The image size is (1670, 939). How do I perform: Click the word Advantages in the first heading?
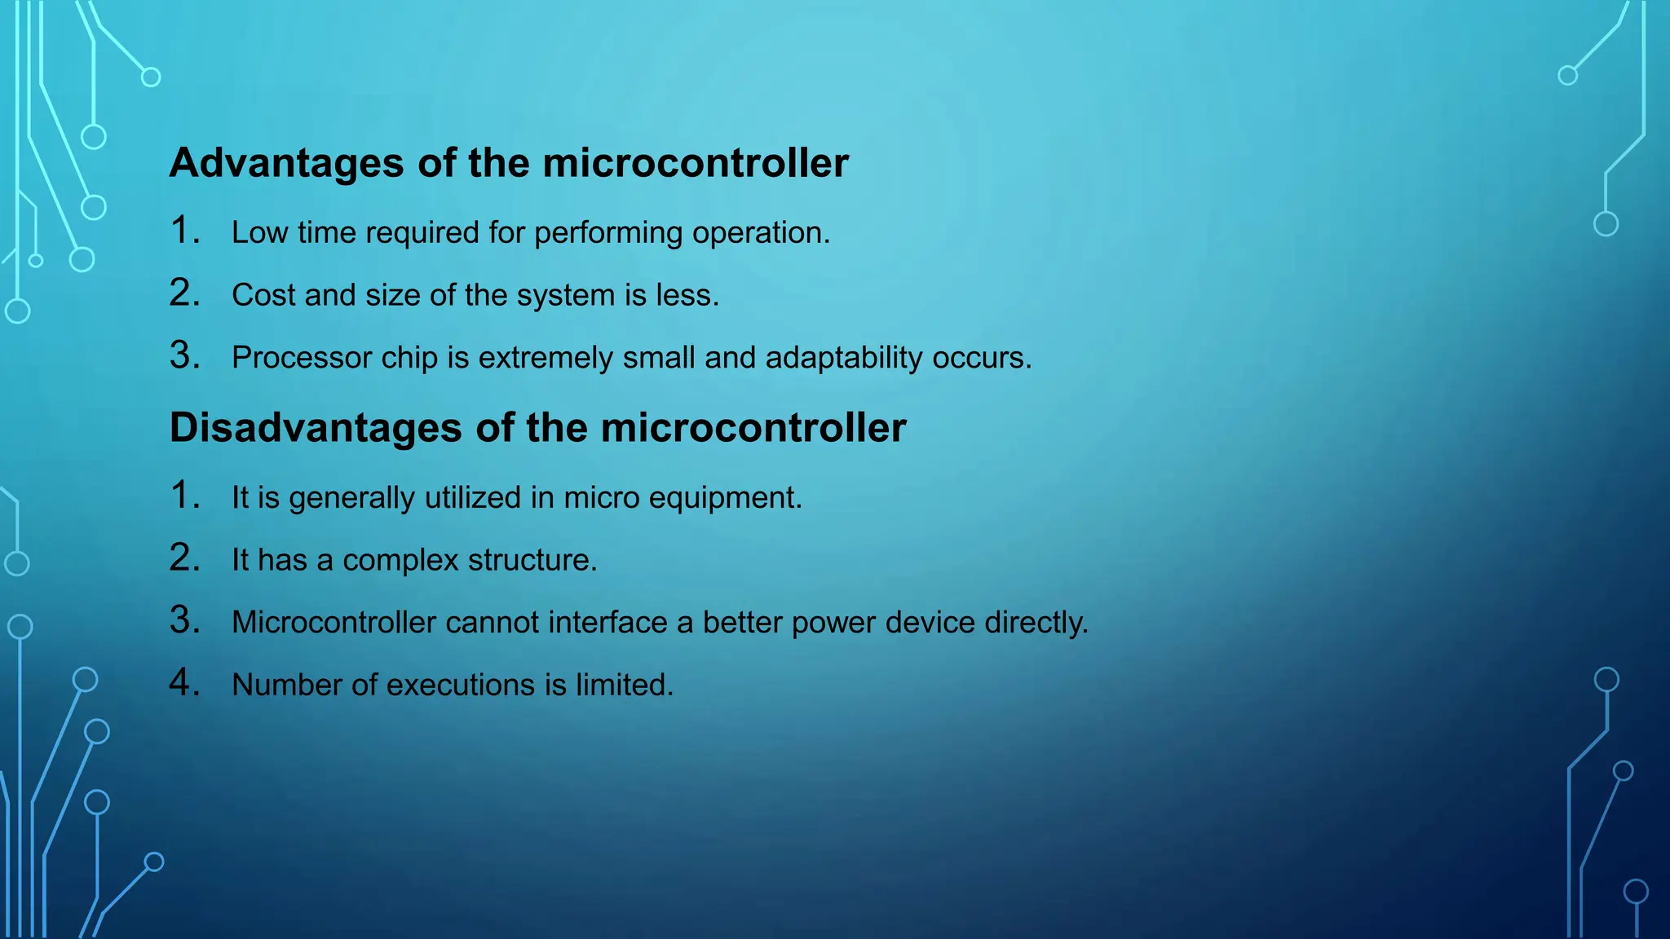286,163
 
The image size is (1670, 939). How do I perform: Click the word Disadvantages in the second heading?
316,428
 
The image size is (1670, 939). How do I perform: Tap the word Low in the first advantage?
259,233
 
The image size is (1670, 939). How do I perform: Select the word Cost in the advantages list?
263,295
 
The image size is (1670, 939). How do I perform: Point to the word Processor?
302,358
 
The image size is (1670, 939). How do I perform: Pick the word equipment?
725,498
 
